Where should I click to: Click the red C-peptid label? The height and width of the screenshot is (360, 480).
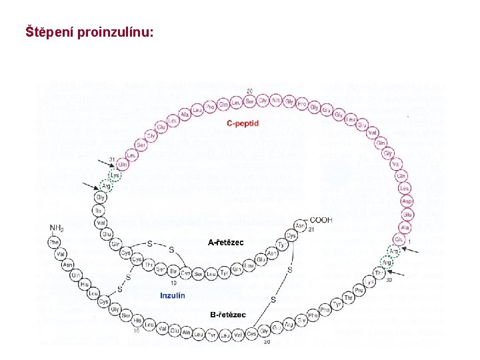(243, 123)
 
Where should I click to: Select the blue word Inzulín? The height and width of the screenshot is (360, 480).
(173, 295)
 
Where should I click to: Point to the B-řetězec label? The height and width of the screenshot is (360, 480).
(228, 315)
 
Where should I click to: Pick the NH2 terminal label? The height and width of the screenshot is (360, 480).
(57, 227)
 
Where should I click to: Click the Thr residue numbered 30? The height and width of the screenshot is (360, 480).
(379, 272)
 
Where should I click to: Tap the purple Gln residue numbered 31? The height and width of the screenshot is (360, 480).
(123, 165)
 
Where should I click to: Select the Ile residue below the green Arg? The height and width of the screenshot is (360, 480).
(100, 210)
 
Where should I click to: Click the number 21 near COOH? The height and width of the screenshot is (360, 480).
(311, 229)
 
